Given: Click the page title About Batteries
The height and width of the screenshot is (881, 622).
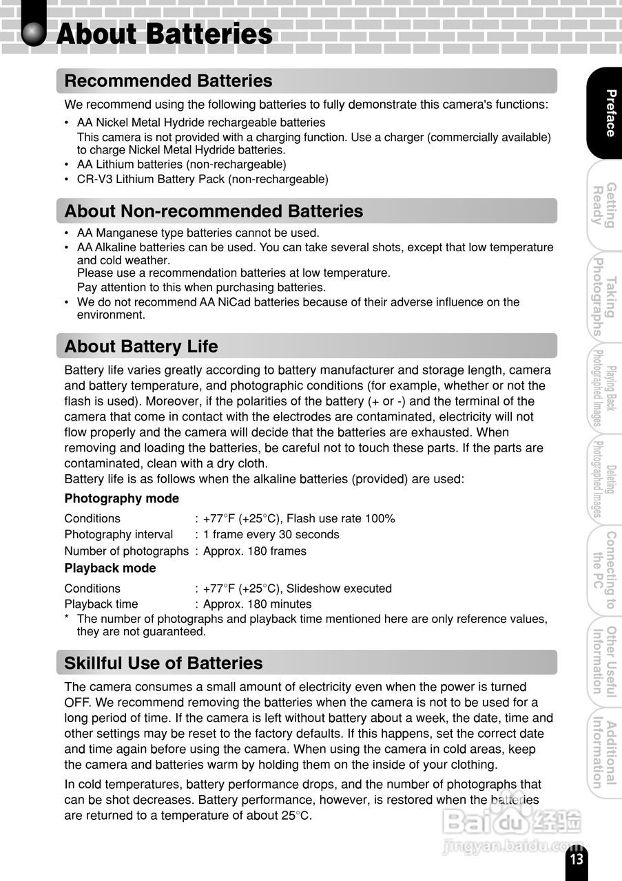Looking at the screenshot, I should pyautogui.click(x=164, y=34).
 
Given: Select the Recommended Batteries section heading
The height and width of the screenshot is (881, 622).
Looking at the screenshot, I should pyautogui.click(x=168, y=81).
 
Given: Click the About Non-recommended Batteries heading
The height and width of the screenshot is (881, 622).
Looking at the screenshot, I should pyautogui.click(x=214, y=211).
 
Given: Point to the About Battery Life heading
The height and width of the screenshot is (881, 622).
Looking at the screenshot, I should pyautogui.click(x=141, y=346).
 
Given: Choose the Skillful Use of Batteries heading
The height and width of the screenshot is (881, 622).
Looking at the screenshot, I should pyautogui.click(x=163, y=664).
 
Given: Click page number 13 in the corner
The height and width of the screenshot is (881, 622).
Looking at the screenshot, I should pyautogui.click(x=577, y=860).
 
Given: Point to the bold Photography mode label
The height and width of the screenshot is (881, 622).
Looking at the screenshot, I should pyautogui.click(x=121, y=498).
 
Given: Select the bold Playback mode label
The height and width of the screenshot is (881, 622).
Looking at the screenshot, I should pyautogui.click(x=110, y=569).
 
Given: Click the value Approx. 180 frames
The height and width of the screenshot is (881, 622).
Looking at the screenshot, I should pyautogui.click(x=254, y=551).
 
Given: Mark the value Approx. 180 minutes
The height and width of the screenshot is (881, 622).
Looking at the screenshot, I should pyautogui.click(x=257, y=604).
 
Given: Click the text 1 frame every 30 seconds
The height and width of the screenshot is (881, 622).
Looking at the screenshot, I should pyautogui.click(x=271, y=535).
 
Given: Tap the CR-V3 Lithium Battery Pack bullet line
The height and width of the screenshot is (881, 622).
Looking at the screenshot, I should pyautogui.click(x=203, y=180).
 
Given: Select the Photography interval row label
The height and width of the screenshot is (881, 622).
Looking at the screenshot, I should pyautogui.click(x=118, y=535).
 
